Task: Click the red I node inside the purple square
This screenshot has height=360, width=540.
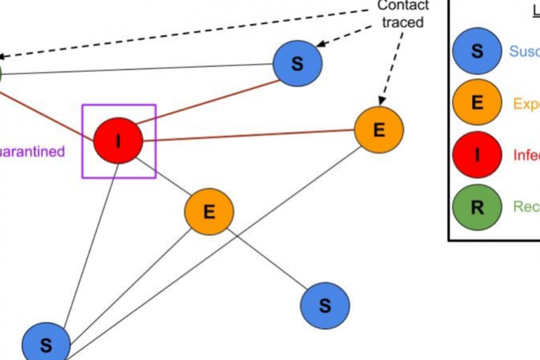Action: tap(118, 140)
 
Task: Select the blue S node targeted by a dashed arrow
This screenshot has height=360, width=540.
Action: tap(297, 63)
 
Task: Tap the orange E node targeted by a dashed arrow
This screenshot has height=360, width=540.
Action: tap(378, 130)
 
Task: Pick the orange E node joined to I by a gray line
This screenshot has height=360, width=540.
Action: tap(209, 211)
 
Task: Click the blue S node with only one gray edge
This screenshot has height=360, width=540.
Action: tap(324, 305)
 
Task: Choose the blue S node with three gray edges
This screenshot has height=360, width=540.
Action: tap(46, 345)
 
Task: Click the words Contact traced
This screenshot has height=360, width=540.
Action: tap(402, 14)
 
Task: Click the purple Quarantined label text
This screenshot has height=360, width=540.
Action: tap(32, 152)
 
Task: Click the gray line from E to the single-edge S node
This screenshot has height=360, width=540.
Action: tap(267, 258)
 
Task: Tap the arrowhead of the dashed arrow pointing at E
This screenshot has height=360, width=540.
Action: tap(383, 100)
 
